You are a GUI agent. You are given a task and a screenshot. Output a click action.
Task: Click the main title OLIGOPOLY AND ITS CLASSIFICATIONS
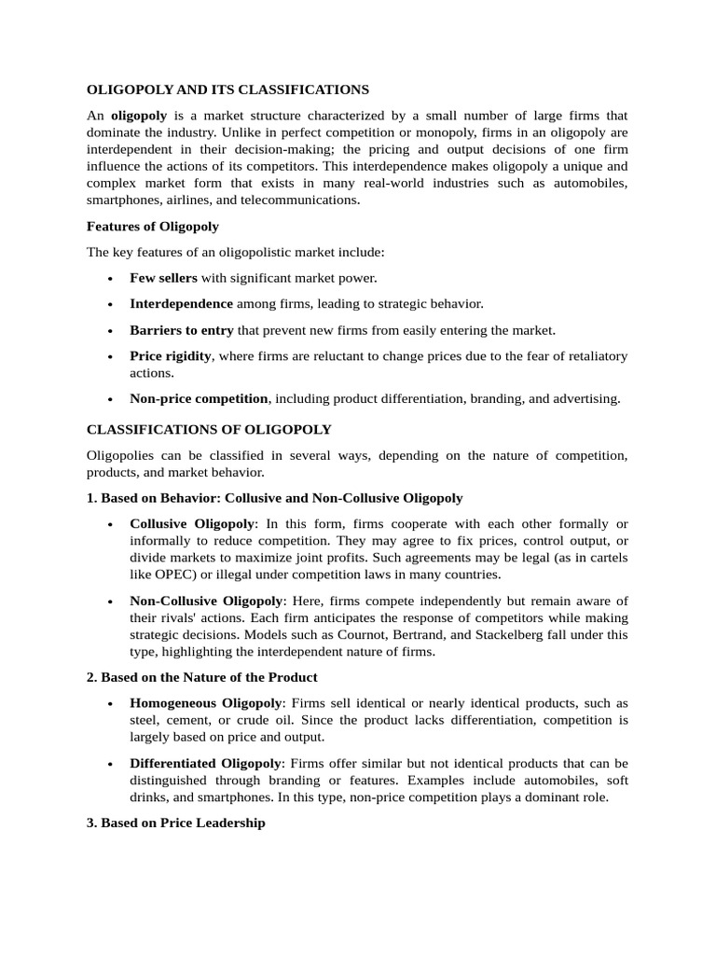tap(227, 90)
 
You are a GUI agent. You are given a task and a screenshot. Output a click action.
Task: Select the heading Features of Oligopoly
tap(153, 226)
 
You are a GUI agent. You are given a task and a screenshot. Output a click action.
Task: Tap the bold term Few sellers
tap(163, 278)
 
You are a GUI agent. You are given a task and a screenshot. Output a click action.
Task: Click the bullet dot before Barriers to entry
tap(111, 331)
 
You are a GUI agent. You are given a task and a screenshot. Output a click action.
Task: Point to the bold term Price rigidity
tap(171, 356)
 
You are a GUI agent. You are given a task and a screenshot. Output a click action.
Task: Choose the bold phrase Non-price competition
tap(199, 398)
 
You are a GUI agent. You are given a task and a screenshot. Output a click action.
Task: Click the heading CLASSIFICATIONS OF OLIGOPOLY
tap(209, 430)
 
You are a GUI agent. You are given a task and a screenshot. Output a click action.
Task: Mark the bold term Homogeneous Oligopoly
tap(205, 702)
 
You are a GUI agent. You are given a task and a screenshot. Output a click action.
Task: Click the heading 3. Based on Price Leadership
tap(176, 824)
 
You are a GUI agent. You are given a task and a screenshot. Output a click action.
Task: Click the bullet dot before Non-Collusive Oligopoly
tap(111, 602)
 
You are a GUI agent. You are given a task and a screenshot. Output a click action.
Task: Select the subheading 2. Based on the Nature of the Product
tap(202, 677)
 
